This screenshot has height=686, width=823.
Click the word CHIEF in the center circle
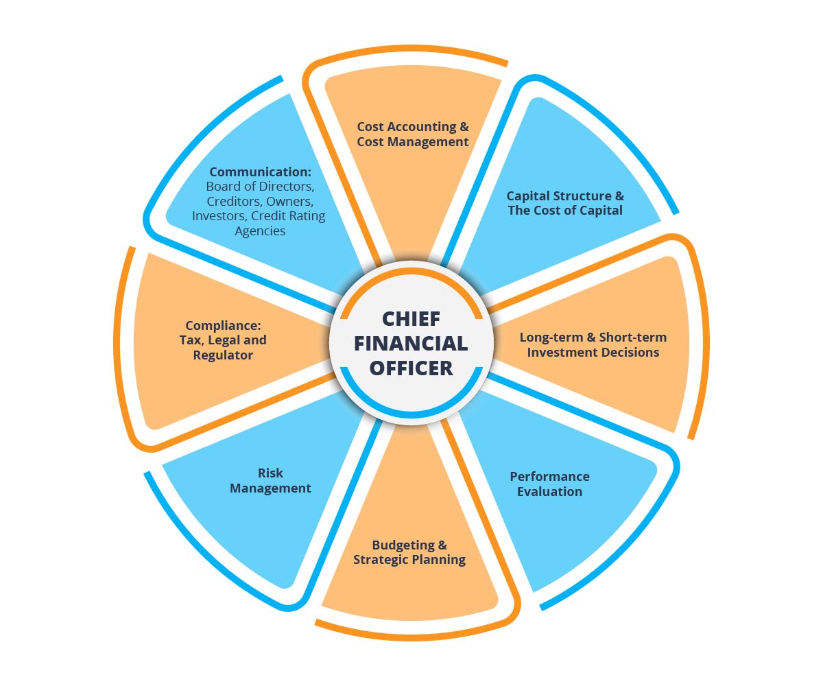click(411, 320)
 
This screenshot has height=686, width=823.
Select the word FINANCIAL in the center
click(411, 343)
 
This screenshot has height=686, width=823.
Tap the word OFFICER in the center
click(411, 367)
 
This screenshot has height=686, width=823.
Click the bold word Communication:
click(261, 171)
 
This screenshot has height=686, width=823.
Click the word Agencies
click(260, 231)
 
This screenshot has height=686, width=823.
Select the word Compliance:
click(224, 325)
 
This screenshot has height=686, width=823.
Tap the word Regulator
click(223, 355)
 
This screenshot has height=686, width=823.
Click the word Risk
click(270, 473)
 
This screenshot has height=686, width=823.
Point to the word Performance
click(549, 476)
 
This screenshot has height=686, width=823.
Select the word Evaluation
click(549, 491)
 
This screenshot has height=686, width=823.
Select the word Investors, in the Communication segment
click(220, 216)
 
